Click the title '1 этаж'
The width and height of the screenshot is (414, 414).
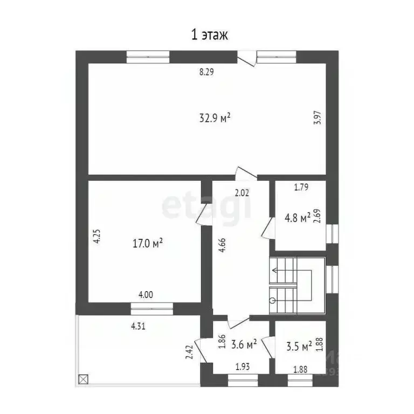click(x=210, y=35)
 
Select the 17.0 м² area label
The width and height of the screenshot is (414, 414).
click(x=148, y=244)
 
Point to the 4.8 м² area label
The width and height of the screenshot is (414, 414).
click(x=297, y=218)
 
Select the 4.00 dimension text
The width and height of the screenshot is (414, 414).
click(x=146, y=295)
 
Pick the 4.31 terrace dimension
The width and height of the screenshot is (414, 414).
click(x=139, y=326)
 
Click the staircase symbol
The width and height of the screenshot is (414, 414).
click(x=297, y=285)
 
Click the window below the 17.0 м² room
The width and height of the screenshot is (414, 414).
click(x=151, y=308)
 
